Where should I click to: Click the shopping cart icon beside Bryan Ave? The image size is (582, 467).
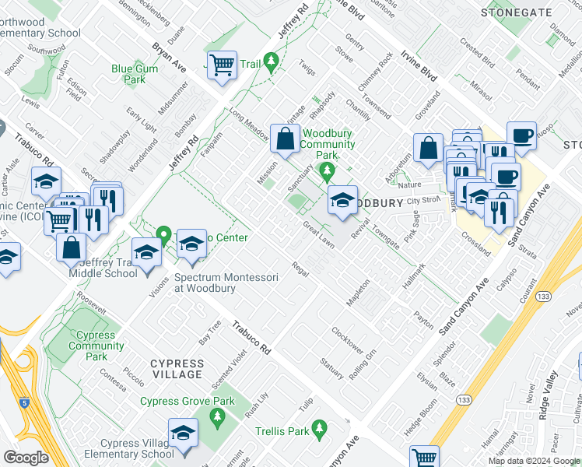pos(223,65)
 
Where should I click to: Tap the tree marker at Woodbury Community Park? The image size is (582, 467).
pos(328,170)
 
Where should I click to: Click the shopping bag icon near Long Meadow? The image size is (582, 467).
pos(285,139)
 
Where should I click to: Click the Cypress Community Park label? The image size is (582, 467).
pos(96,346)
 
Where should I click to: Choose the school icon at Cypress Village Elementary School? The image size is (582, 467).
pos(183,434)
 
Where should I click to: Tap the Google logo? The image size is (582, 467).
pos(26,457)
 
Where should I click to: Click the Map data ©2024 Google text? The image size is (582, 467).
pos(533,461)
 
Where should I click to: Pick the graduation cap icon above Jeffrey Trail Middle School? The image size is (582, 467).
pos(146,253)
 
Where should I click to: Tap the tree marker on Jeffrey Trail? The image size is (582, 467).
pos(271,61)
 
